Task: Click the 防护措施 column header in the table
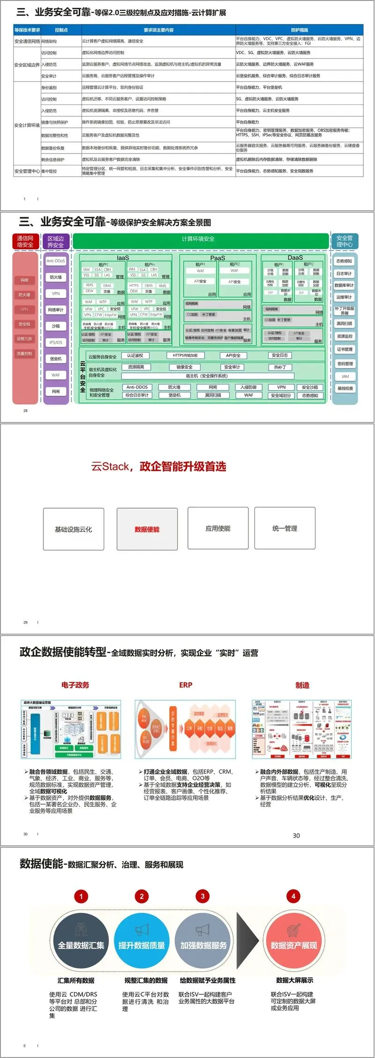[299, 30]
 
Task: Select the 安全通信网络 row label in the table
[27, 41]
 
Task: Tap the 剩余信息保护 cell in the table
[53, 160]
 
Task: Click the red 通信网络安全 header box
[25, 242]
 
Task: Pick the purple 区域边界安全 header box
[56, 242]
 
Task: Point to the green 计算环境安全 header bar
[198, 239]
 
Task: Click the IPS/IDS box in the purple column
[56, 342]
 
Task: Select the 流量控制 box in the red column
[24, 354]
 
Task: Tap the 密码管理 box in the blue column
[345, 363]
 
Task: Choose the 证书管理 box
[345, 349]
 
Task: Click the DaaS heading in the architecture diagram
[295, 258]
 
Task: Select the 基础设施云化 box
[73, 529]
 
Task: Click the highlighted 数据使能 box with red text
[147, 529]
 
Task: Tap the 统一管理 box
[285, 528]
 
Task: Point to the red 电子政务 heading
[75, 685]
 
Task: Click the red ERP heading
[186, 685]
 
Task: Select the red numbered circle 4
[293, 896]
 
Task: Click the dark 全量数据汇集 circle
[81, 945]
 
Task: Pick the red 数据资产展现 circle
[294, 945]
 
